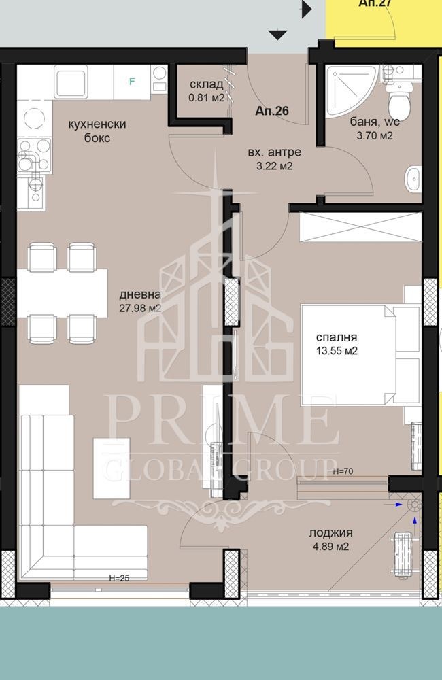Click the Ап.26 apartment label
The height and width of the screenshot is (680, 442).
coord(272,111)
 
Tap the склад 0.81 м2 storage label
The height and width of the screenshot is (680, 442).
coord(207,90)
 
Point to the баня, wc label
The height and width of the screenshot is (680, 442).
coord(375,122)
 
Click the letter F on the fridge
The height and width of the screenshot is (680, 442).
coord(133,81)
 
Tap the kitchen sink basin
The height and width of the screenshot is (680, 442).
coord(70,81)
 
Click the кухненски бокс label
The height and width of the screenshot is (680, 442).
coord(97,131)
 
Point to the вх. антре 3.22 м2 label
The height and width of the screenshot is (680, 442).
coord(274,159)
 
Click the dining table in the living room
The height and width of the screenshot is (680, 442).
coord(62,292)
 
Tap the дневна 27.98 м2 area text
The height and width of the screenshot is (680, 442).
coord(140,301)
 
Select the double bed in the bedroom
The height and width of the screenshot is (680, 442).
coord(360,355)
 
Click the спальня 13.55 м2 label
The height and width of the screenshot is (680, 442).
coord(337,344)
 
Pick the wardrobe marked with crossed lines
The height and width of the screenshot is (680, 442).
coord(360,227)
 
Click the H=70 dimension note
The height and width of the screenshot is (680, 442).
coord(342,471)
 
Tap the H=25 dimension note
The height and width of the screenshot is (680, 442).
coord(119,577)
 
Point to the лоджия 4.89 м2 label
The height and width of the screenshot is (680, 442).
coord(330,539)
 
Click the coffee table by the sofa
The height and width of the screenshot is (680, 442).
coord(112,469)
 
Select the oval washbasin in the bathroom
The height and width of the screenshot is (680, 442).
coord(413,179)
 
